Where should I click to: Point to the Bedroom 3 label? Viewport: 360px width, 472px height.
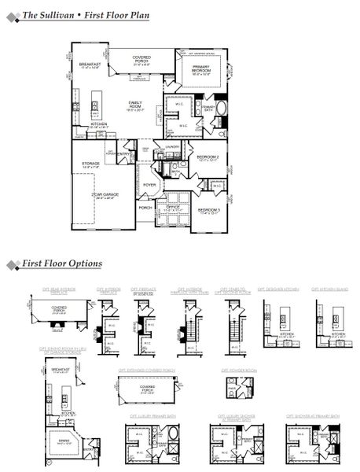tap(208, 210)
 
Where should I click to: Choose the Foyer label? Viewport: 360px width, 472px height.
tap(149, 186)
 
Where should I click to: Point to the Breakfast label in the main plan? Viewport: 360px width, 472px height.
tap(87, 65)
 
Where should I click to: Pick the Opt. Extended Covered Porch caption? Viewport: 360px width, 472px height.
tap(147, 368)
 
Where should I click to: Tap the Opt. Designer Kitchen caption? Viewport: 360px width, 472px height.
tap(279, 289)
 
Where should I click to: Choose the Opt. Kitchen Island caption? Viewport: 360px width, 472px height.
tap(331, 289)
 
